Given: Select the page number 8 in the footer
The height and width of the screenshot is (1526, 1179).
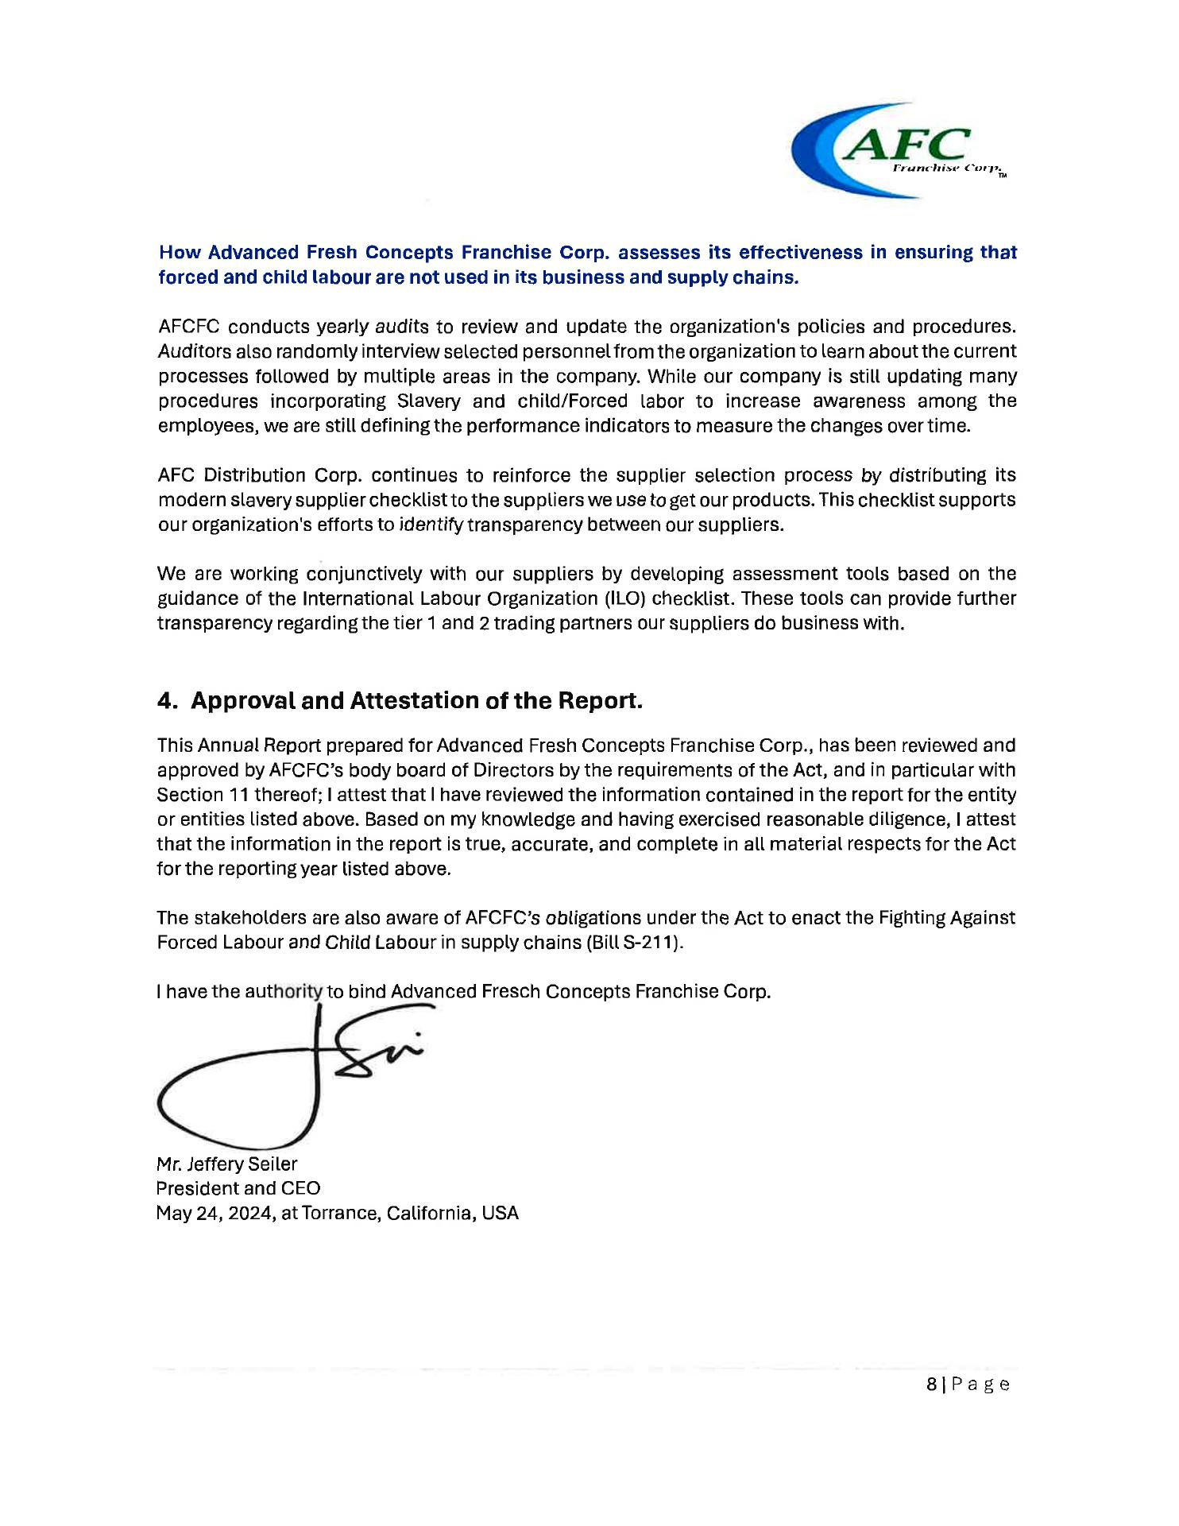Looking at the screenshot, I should click(931, 1385).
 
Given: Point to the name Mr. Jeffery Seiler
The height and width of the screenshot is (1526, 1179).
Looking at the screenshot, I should click(226, 1164).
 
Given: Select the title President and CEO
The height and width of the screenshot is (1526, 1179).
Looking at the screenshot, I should click(238, 1189).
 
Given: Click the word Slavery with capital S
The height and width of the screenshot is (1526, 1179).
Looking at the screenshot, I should click(429, 401).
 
